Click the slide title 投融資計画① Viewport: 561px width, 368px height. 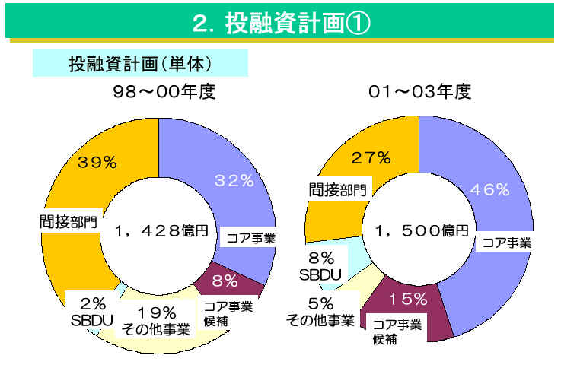tap(281, 23)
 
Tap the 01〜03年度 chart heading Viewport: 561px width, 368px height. tap(419, 93)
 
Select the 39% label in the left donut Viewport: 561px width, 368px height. tap(97, 162)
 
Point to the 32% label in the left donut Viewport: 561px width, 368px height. tap(233, 180)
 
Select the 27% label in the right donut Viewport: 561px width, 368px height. tap(371, 158)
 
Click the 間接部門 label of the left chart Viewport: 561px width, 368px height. tap(69, 222)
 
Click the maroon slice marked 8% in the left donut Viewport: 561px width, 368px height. tap(226, 282)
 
